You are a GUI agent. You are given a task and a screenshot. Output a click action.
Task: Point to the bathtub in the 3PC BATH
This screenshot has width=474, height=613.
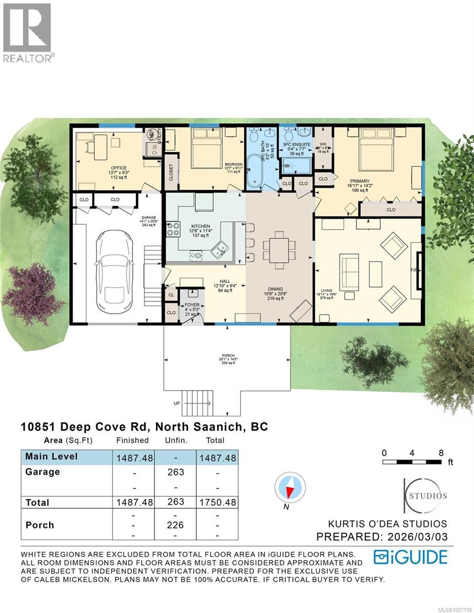point(254,174)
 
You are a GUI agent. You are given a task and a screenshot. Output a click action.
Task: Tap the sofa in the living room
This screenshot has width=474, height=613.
point(349,268)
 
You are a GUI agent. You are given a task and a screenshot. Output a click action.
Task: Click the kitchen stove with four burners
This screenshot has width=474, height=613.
point(173,229)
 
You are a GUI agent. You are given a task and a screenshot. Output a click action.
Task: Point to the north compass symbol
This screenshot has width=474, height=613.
point(290,489)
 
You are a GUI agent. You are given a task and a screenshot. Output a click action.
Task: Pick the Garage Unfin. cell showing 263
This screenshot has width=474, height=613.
point(175,472)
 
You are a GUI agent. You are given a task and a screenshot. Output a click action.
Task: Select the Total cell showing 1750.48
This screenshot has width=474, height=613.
point(217,502)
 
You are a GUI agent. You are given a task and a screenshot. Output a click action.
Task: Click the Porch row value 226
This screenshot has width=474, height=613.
point(175,525)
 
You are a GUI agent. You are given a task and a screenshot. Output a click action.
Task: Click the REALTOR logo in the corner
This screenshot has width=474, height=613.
point(27,32)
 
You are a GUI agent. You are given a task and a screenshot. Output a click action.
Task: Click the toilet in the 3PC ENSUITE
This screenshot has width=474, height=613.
point(288,135)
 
